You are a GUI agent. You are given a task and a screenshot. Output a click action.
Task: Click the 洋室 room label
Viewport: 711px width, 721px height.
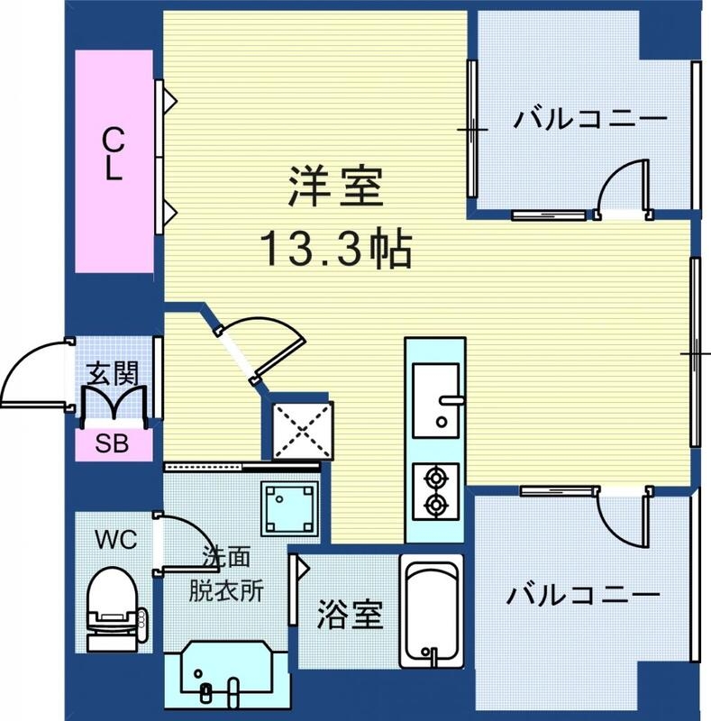coord(335,188)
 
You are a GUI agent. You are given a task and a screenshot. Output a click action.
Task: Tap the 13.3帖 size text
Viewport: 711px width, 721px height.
coord(335,249)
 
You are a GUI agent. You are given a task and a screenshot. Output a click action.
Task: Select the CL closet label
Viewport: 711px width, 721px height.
coord(113,155)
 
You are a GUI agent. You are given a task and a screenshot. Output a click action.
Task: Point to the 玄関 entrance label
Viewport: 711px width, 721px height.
coord(113,374)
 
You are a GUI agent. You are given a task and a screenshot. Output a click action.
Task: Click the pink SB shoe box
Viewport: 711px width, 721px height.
coord(113,443)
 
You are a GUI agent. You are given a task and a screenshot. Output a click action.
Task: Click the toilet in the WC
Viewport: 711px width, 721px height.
coord(113,608)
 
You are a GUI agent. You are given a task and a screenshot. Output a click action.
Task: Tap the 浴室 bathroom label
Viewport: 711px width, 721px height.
coord(349,615)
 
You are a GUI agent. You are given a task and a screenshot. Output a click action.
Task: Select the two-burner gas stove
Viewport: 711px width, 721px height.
coord(435,491)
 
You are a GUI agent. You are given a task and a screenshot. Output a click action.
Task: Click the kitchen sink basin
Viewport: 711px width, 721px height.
coord(435,397)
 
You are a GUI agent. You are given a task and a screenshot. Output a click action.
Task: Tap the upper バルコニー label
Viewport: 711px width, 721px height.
coord(590,120)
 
